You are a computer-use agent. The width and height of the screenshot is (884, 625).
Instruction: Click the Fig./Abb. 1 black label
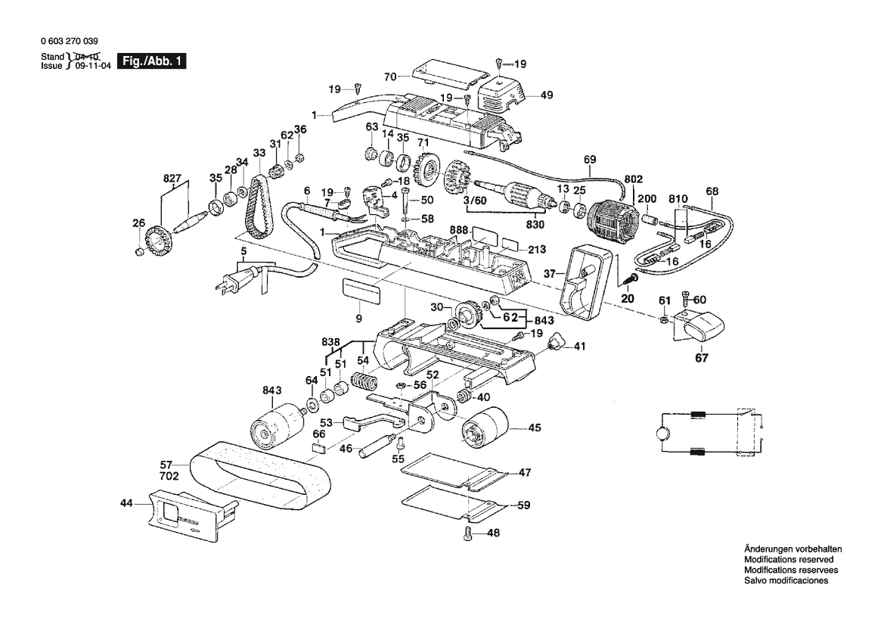pyautogui.click(x=152, y=61)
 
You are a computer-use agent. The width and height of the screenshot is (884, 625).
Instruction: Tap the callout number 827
pyautogui.click(x=172, y=179)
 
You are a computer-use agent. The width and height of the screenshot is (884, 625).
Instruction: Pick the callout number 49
pyautogui.click(x=546, y=95)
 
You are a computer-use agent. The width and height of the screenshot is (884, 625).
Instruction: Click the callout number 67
pyautogui.click(x=702, y=358)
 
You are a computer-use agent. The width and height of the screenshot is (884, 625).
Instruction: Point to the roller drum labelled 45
pyautogui.click(x=485, y=428)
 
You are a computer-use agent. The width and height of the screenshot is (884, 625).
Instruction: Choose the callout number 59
pyautogui.click(x=523, y=505)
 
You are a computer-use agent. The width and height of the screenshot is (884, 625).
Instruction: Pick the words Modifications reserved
pyautogui.click(x=789, y=559)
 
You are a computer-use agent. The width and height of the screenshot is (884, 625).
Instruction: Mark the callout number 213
pyautogui.click(x=536, y=250)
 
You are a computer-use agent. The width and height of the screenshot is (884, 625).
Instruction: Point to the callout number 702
pyautogui.click(x=169, y=477)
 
